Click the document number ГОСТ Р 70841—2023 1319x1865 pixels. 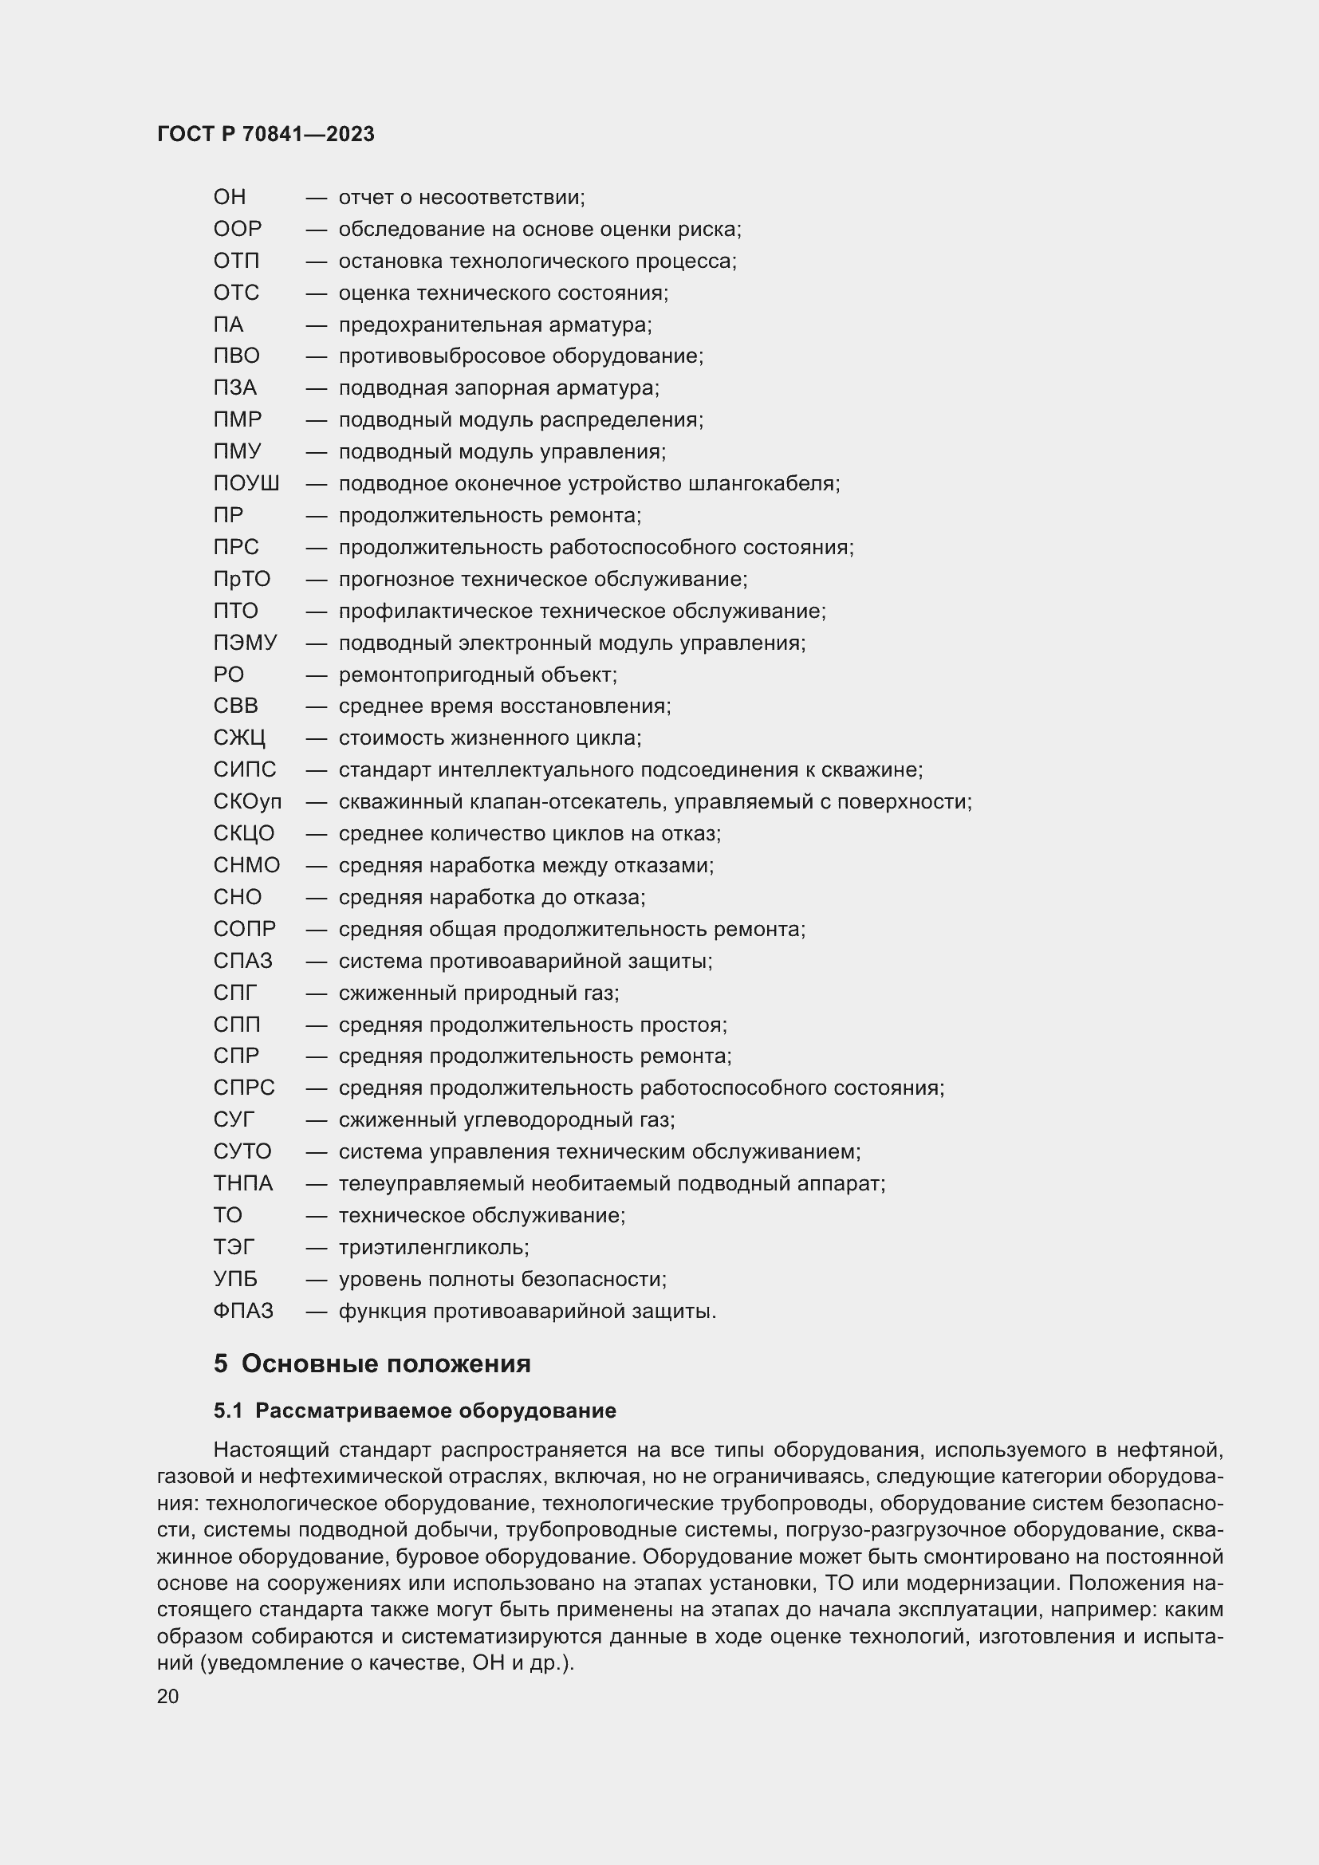click(x=266, y=134)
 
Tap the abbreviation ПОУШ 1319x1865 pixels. click(x=246, y=483)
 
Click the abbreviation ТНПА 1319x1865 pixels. click(x=243, y=1183)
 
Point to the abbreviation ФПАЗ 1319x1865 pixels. click(x=243, y=1311)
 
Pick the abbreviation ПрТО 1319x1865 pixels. click(x=241, y=579)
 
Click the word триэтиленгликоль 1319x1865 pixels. click(x=434, y=1248)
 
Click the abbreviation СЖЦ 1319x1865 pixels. click(x=238, y=738)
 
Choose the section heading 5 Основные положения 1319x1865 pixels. click(x=372, y=1363)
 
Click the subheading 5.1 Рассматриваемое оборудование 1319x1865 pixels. click(x=414, y=1411)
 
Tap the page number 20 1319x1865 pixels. click(x=167, y=1697)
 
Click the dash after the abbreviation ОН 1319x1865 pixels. click(x=316, y=198)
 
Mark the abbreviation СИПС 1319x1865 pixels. click(x=245, y=770)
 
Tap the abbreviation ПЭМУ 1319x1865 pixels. click(x=245, y=643)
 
